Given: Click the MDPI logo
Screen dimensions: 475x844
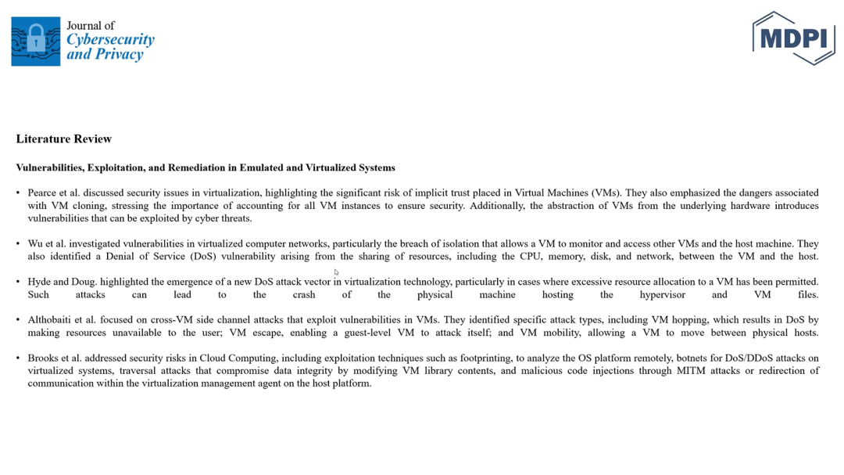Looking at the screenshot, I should click(x=793, y=38).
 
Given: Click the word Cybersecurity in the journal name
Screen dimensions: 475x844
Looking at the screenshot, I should click(x=110, y=40).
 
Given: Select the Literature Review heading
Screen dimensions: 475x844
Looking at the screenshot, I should click(x=64, y=139).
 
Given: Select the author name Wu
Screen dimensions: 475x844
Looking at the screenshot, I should click(x=35, y=243).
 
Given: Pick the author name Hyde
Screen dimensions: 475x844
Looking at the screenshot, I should click(x=38, y=282).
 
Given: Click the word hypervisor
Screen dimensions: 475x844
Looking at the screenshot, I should click(x=662, y=294).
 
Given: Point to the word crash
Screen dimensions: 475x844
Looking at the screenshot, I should click(x=304, y=294).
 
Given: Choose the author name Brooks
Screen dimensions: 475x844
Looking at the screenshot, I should click(x=44, y=358).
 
